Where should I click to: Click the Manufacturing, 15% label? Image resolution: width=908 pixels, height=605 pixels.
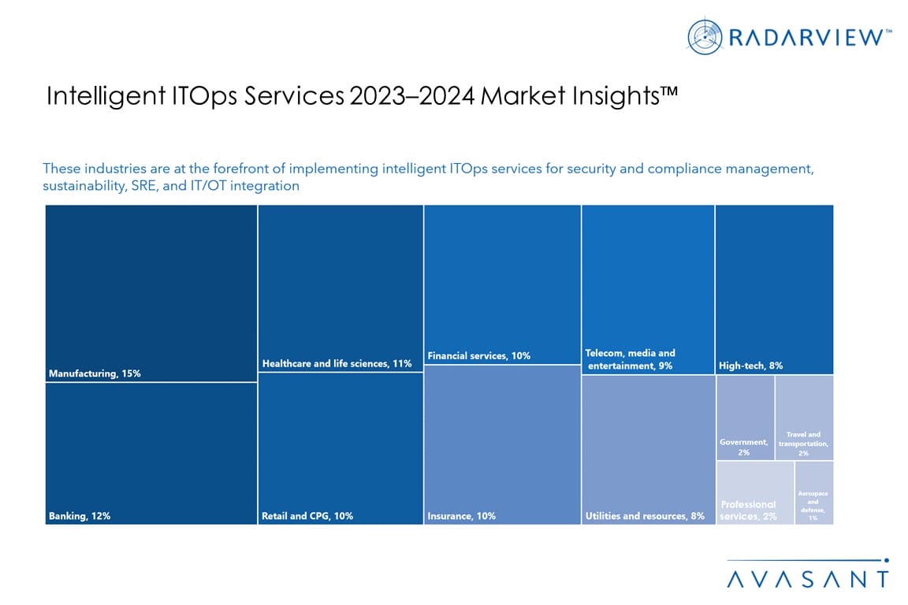(x=95, y=373)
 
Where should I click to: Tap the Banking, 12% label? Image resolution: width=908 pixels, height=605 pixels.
(x=78, y=516)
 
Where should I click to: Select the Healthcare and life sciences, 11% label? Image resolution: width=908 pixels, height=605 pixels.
(x=337, y=364)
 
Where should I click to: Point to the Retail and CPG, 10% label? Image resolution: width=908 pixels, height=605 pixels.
(x=307, y=516)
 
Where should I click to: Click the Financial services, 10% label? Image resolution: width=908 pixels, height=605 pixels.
(x=478, y=356)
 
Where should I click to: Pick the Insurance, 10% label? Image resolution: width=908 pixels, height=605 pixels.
(x=462, y=516)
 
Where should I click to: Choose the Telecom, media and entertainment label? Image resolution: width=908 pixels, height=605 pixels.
(x=631, y=359)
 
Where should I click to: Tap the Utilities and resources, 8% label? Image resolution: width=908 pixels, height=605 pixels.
(x=645, y=516)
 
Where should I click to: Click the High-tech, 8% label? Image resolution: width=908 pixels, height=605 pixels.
(x=750, y=366)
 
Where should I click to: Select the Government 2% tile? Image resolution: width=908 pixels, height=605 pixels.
(x=745, y=418)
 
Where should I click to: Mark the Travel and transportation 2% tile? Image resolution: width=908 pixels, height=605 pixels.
(x=804, y=418)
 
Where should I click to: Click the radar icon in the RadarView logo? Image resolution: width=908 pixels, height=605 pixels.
(x=705, y=36)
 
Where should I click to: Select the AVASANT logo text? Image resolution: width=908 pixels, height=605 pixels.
(x=807, y=578)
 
